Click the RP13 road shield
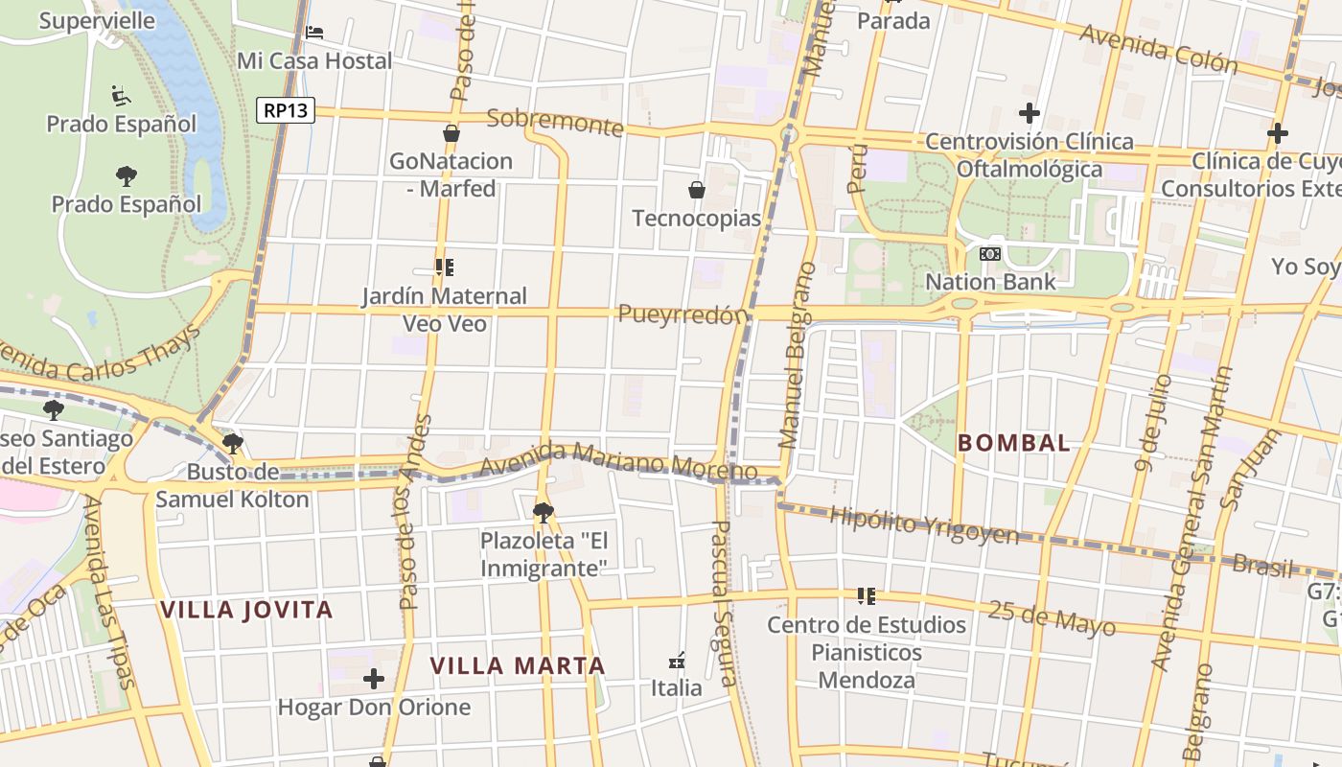[x=286, y=110]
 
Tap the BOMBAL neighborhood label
[x=1014, y=443]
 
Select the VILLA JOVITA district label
[x=246, y=610]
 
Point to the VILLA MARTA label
[x=518, y=665]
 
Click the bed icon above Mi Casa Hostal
[x=314, y=33]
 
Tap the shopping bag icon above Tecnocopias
[x=697, y=190]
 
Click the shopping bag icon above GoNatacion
[x=451, y=133]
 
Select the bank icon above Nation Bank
[x=990, y=254]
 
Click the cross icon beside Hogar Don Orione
[x=374, y=680]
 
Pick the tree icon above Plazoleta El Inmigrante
[x=544, y=512]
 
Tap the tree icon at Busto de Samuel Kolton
[x=232, y=443]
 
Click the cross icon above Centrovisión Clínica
[x=1030, y=113]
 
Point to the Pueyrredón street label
[x=682, y=314]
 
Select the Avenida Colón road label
[x=1158, y=49]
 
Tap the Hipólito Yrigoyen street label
[x=923, y=524]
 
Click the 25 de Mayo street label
[x=1052, y=617]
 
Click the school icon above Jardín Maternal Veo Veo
[x=444, y=267]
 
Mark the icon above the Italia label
[x=677, y=661]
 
